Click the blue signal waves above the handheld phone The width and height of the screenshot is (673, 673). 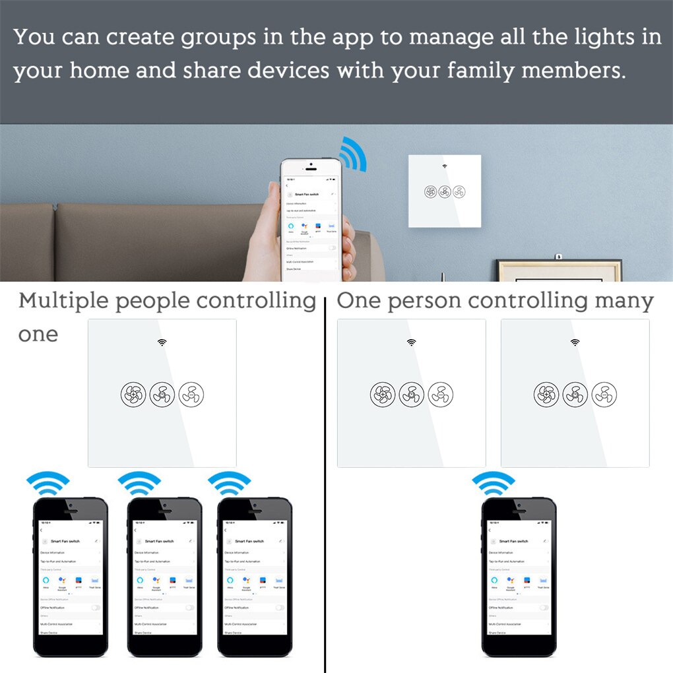(x=352, y=153)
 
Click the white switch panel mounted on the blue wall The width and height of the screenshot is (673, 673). (x=444, y=191)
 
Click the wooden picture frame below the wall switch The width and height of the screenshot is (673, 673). (x=558, y=271)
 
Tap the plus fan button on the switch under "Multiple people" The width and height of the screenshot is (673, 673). (x=132, y=394)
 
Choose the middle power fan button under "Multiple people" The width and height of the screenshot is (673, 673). (x=162, y=394)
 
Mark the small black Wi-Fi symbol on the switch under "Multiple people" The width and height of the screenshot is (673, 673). (x=162, y=342)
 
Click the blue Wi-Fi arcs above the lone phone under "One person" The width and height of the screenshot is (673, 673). (x=493, y=484)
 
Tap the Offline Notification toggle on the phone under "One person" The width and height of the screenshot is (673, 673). (x=543, y=607)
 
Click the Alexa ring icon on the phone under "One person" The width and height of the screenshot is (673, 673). (x=494, y=580)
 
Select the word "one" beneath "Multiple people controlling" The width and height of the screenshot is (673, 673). (x=38, y=335)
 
